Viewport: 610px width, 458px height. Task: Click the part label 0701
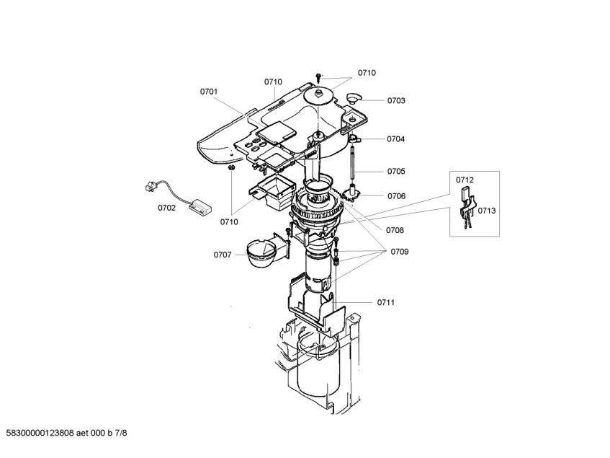[x=209, y=92]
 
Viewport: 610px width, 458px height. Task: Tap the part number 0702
[x=166, y=208]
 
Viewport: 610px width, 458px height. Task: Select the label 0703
[x=396, y=101]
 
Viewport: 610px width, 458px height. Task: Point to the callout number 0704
[x=395, y=139]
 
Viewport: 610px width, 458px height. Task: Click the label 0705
[x=396, y=172]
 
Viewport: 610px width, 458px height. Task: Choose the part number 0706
[x=396, y=196]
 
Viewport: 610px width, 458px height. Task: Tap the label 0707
[x=223, y=255]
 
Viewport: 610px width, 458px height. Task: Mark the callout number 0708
[x=395, y=230]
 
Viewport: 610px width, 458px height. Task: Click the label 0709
[x=400, y=252]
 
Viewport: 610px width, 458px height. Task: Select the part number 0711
[x=386, y=303]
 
